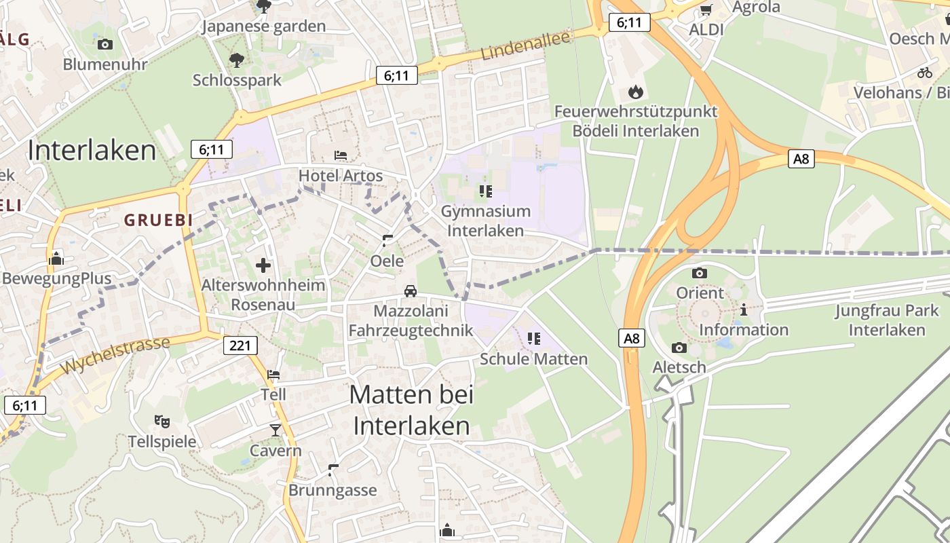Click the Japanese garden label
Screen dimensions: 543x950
264,26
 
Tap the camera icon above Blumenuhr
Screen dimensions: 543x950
105,44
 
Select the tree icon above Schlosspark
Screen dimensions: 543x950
236,60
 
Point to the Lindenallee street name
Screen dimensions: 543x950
526,45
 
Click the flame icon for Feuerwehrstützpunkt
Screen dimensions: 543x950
635,91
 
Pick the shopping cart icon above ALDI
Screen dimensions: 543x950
706,10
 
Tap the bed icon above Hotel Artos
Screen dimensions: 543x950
341,155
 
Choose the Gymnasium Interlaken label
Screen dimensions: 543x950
485,221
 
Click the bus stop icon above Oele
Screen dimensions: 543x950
387,240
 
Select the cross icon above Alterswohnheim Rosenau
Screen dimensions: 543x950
263,265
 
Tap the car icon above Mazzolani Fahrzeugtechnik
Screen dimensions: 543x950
410,291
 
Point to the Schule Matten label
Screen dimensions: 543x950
533,358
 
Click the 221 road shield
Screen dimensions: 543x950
240,345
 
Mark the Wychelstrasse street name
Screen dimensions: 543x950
115,356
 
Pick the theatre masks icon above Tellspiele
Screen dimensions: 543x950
161,422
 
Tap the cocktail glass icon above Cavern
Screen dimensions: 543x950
275,430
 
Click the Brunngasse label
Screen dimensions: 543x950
332,490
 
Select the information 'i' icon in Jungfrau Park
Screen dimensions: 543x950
744,310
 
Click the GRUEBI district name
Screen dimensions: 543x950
158,220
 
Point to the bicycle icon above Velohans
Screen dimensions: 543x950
924,72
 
